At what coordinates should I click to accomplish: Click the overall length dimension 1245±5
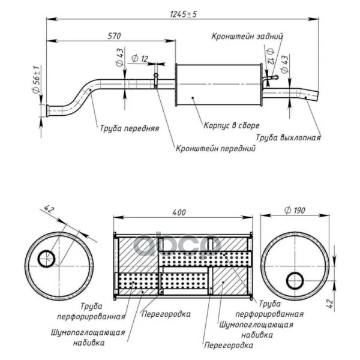tap(183, 14)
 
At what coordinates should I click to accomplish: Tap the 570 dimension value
tap(114, 36)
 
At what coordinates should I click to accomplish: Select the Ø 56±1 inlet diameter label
tap(37, 79)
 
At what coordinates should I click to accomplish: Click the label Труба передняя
tap(130, 128)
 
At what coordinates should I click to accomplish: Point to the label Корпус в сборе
tap(232, 125)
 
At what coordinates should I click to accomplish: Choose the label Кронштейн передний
tap(215, 148)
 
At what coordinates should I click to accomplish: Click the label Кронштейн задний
tap(247, 36)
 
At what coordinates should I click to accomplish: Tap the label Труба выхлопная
tap(288, 137)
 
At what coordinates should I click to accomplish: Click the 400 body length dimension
tap(179, 212)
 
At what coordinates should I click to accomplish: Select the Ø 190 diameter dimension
tap(295, 210)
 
